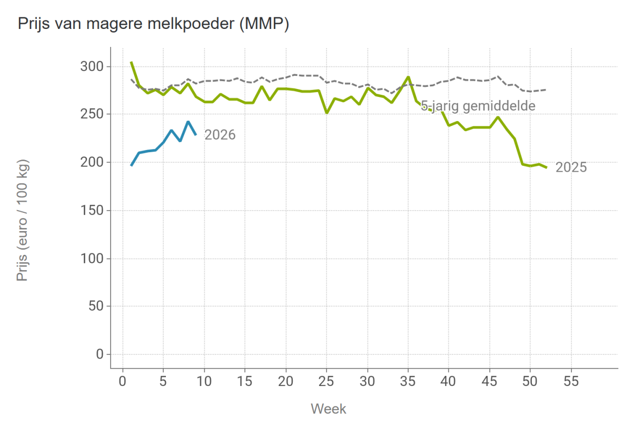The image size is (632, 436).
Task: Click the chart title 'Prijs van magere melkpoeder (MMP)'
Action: (x=153, y=25)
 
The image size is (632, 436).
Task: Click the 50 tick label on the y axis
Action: (x=96, y=306)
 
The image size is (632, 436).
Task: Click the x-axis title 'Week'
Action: (x=329, y=409)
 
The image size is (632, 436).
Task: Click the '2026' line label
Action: (x=220, y=135)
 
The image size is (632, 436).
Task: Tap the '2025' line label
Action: (x=571, y=168)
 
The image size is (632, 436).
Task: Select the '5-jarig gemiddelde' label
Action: (x=478, y=106)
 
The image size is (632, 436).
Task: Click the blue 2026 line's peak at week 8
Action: (x=188, y=122)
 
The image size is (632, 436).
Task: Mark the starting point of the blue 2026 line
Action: (x=131, y=166)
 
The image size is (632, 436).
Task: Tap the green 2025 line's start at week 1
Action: (x=131, y=62)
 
